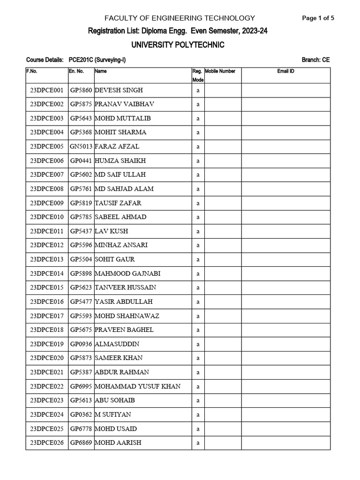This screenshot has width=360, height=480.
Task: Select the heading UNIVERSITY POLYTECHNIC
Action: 180,45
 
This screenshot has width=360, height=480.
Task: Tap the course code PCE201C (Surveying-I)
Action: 97,60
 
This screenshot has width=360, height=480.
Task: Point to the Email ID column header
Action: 286,71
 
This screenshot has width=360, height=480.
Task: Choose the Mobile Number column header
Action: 220,71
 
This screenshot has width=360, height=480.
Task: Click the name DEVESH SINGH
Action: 119,90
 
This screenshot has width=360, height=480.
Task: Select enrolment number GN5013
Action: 81,146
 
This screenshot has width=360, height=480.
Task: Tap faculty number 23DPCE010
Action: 46,217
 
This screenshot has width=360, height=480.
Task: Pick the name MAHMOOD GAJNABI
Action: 126,273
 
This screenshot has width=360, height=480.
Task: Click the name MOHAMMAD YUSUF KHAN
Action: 137,386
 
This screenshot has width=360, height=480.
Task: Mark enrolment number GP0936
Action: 81,344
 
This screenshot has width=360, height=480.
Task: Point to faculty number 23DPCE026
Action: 46,442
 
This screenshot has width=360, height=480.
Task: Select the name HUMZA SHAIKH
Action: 120,160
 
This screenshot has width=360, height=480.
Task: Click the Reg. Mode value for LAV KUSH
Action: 198,231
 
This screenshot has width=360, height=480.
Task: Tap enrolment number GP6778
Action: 81,428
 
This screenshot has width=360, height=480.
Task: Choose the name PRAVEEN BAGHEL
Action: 124,330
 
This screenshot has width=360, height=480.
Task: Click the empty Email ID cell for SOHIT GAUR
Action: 286,259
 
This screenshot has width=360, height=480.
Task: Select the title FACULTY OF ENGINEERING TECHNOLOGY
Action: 180,18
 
